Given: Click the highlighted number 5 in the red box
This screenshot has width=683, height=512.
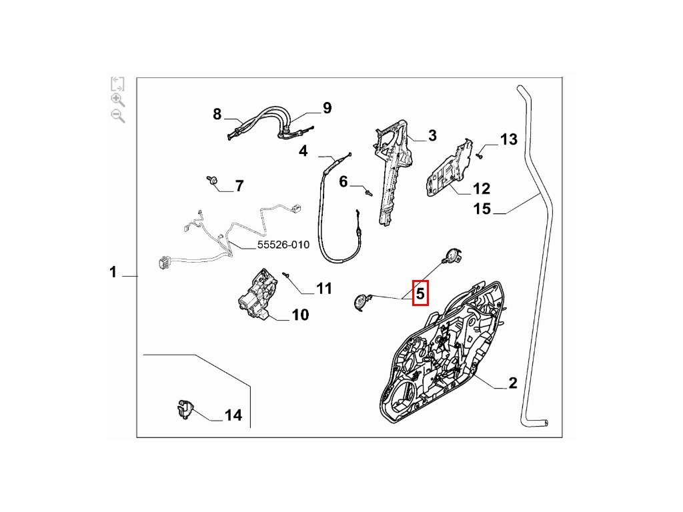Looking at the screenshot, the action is click(421, 293).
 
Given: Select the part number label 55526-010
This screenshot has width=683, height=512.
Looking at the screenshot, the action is click(283, 245).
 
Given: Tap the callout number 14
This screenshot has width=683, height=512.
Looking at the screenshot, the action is click(233, 415).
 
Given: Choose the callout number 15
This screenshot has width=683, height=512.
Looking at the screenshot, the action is click(482, 209).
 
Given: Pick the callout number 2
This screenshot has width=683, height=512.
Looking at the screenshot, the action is click(512, 383).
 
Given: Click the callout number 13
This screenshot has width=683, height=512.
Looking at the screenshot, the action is click(508, 139).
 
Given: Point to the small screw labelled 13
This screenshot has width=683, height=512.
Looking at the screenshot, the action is click(480, 155).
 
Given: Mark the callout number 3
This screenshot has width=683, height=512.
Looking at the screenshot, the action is click(432, 136).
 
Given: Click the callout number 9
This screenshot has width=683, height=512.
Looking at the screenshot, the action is click(327, 107).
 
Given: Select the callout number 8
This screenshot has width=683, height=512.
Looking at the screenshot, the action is click(217, 114).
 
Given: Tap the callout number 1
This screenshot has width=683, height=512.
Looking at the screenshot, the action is click(113, 272).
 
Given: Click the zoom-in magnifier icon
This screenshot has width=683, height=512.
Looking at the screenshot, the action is click(117, 100).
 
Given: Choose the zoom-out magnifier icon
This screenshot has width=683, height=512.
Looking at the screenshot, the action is click(117, 115).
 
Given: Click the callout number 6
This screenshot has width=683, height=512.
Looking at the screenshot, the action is click(344, 181).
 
